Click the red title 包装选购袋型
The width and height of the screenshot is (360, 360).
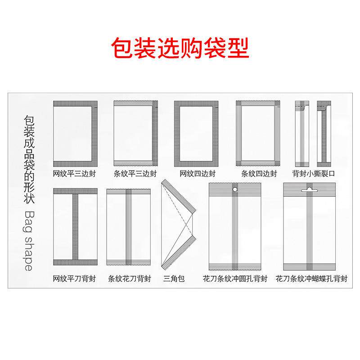[x=180, y=48]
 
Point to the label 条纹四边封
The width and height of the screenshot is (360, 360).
[x=259, y=173]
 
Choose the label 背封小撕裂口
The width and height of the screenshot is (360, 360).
[x=313, y=173]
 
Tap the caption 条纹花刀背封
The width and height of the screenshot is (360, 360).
[x=130, y=279]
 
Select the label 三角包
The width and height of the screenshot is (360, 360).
[x=173, y=279]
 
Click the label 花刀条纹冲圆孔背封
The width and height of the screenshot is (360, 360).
[x=235, y=279]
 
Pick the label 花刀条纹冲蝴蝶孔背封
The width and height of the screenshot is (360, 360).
[x=311, y=279]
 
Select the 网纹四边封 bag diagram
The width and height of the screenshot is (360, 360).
[x=196, y=134]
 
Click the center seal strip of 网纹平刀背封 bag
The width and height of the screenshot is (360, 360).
[x=75, y=228]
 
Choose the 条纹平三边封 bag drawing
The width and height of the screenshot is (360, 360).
[x=135, y=134]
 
